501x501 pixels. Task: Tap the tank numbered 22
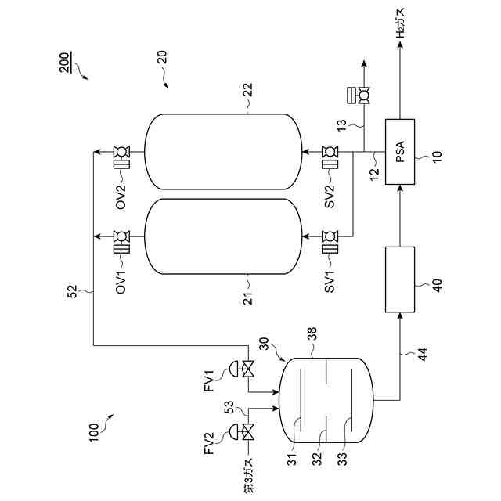pos(223,150)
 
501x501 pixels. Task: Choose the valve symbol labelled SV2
pos(329,150)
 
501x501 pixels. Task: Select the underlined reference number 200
pos(64,61)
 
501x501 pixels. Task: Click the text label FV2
pos(209,443)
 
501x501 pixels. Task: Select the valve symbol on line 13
pos(362,96)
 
